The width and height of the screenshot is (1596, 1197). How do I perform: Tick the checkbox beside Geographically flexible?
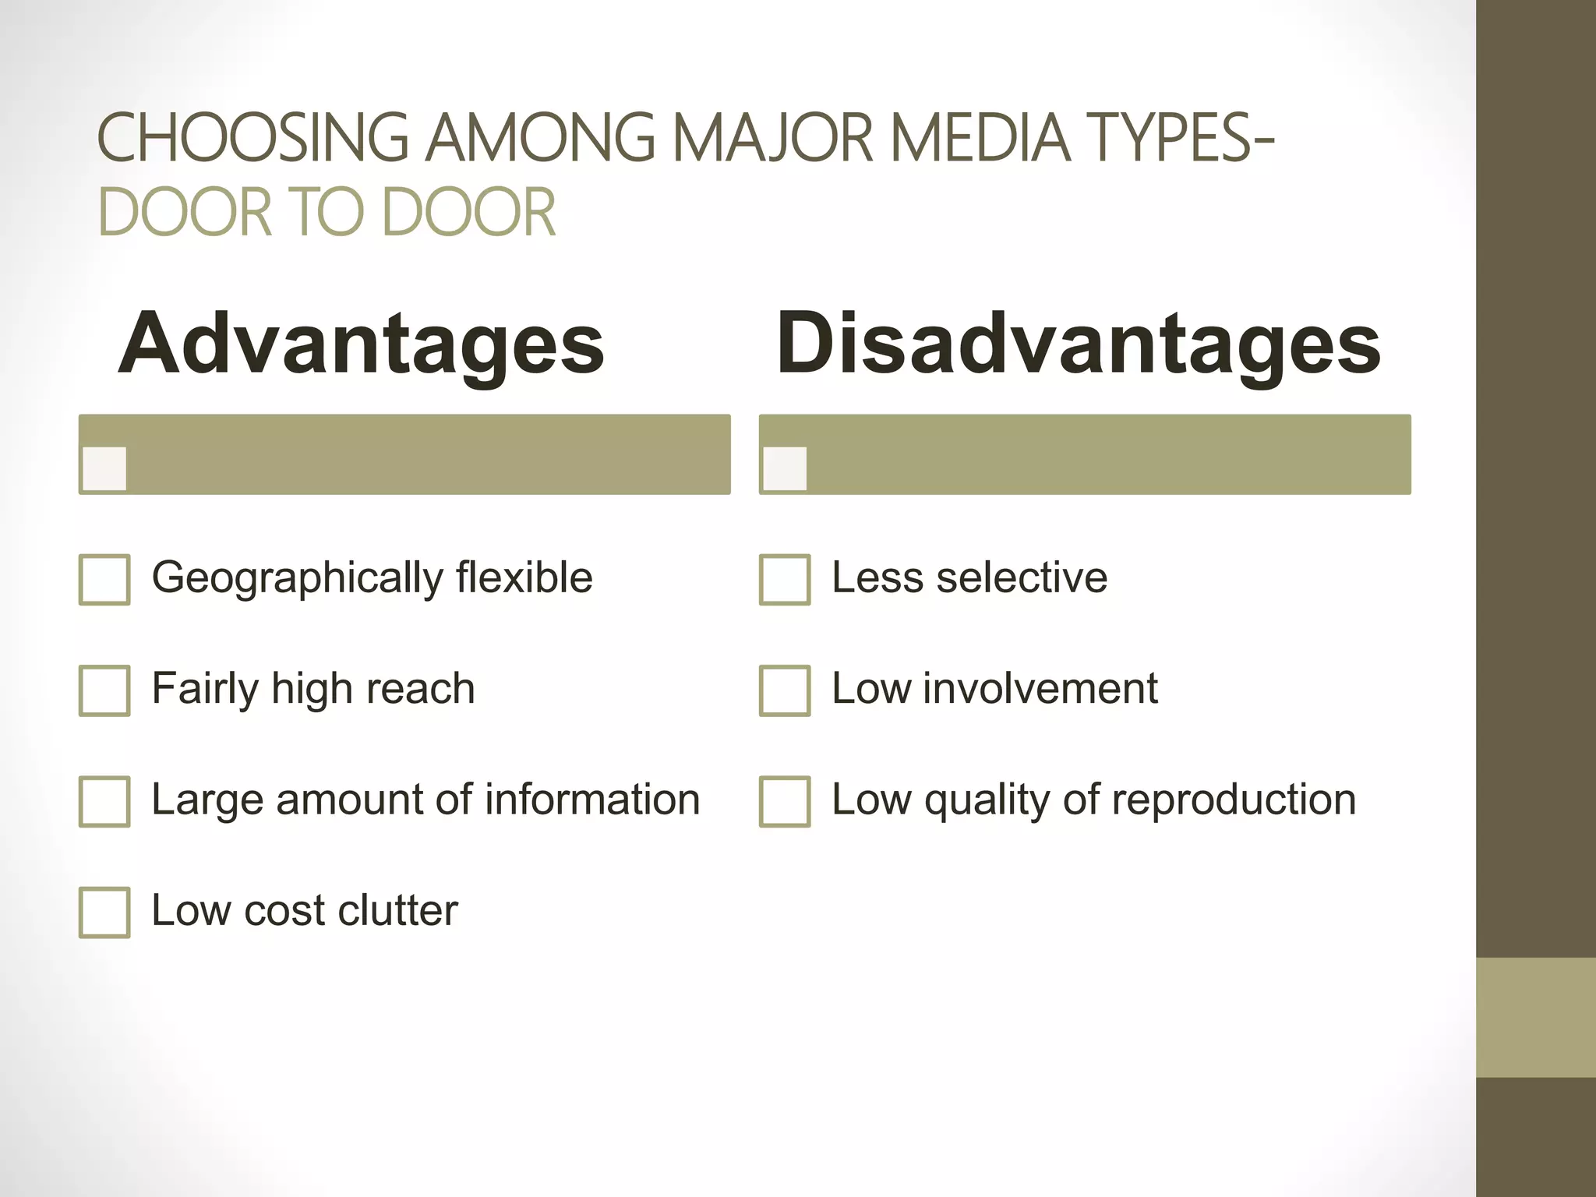click(104, 579)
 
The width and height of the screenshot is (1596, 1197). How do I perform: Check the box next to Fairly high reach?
click(104, 690)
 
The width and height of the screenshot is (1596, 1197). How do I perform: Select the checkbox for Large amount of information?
click(104, 800)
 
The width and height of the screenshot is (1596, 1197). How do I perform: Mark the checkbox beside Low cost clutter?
click(104, 912)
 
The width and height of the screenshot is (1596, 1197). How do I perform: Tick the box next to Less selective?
click(785, 579)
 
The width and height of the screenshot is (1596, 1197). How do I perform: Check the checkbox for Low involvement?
click(785, 690)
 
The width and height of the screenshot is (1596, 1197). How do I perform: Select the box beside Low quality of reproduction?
click(785, 800)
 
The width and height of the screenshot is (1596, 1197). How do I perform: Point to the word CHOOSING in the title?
click(252, 138)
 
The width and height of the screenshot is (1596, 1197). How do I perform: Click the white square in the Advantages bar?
click(104, 468)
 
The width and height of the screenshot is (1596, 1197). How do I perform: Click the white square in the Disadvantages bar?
click(785, 468)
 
